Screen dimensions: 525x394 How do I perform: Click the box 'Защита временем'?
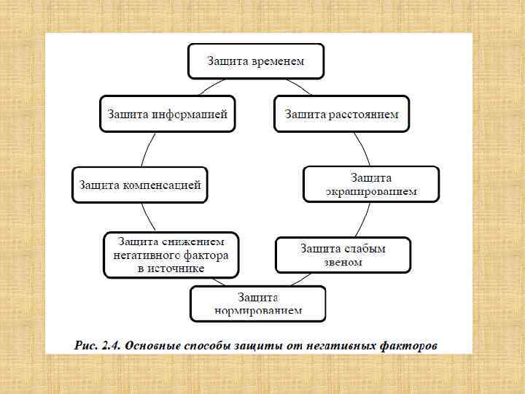click(255, 61)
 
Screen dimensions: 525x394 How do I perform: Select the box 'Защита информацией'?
click(168, 114)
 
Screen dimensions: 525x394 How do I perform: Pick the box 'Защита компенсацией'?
click(139, 185)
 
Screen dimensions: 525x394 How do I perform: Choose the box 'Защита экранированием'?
click(371, 185)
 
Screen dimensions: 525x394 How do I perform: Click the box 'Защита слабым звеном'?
click(342, 255)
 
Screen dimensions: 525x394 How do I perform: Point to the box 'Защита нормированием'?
click(258, 304)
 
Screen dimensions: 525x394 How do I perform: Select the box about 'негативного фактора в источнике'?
click(171, 255)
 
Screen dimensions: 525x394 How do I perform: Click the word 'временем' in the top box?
click(277, 61)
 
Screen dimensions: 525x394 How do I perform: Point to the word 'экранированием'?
click(371, 192)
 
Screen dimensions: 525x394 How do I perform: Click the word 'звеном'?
click(342, 262)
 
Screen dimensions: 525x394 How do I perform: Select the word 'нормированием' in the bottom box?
click(258, 311)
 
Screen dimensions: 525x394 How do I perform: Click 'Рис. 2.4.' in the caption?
click(98, 344)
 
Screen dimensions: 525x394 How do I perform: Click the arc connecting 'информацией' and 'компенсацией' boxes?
click(145, 150)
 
